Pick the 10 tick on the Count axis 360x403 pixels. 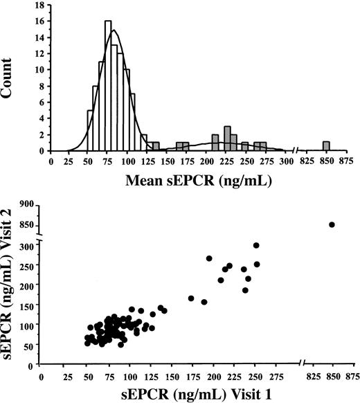pos(40,69)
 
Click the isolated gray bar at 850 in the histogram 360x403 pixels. pos(325,146)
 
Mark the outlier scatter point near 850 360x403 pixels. pos(332,224)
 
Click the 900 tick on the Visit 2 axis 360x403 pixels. pos(26,204)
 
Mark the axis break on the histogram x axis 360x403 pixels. pos(296,151)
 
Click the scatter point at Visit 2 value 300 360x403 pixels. pos(256,245)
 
